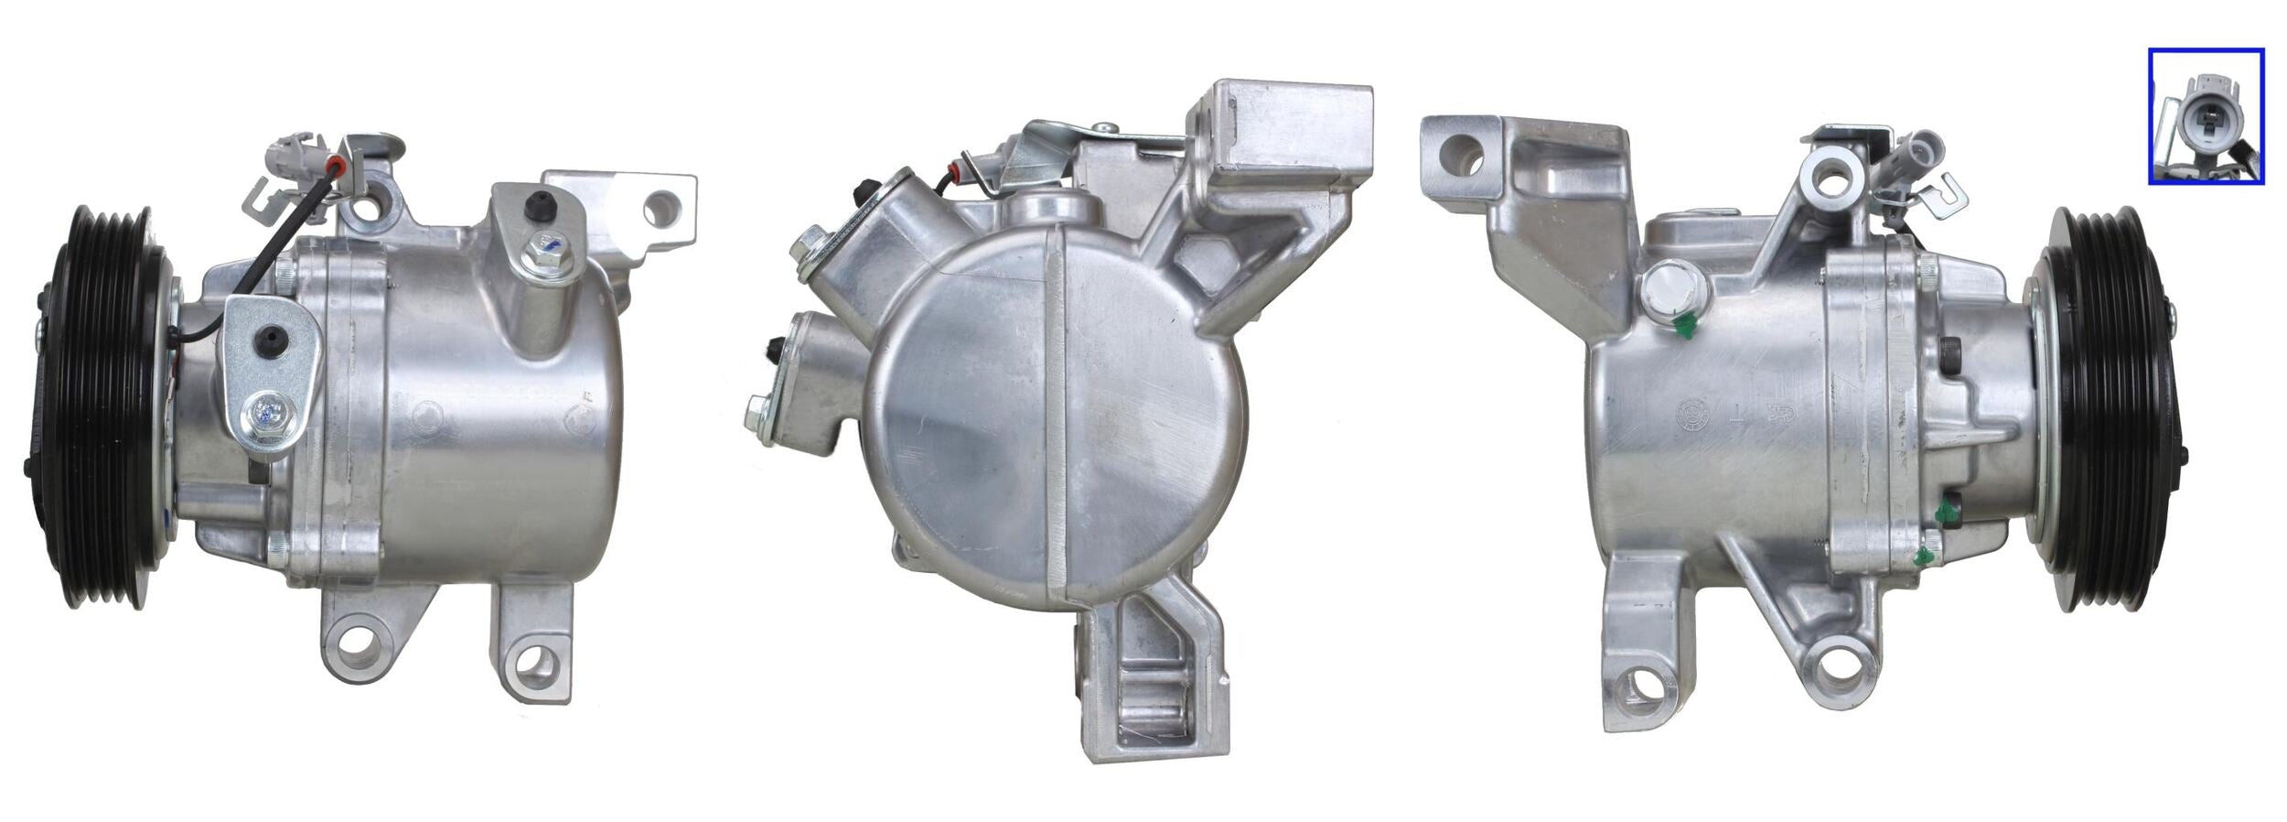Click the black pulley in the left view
pyautogui.click(x=101, y=407)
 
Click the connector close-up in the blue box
pyautogui.click(x=2205, y=116)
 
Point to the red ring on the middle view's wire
pyautogui.click(x=958, y=168)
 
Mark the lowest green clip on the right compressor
pyautogui.click(x=1927, y=554)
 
